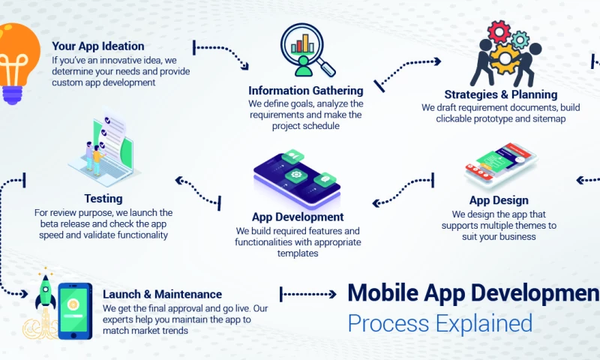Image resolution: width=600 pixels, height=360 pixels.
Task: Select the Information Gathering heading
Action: coord(305,91)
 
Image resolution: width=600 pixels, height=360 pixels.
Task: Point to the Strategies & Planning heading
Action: coord(500,94)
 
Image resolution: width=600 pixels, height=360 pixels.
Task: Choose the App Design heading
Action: coord(499,200)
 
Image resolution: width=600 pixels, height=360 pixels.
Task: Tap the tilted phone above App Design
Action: coord(499,166)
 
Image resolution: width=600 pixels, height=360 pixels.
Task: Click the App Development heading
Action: coord(298,217)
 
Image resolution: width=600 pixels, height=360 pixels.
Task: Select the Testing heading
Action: coord(103,199)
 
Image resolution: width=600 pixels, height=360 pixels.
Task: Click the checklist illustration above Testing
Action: coord(105,151)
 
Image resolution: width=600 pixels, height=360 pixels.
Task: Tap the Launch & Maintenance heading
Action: coord(162,294)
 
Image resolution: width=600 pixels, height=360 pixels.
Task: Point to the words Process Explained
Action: coord(439,323)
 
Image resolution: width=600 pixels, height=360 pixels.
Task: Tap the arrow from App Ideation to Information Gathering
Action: coord(221,52)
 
